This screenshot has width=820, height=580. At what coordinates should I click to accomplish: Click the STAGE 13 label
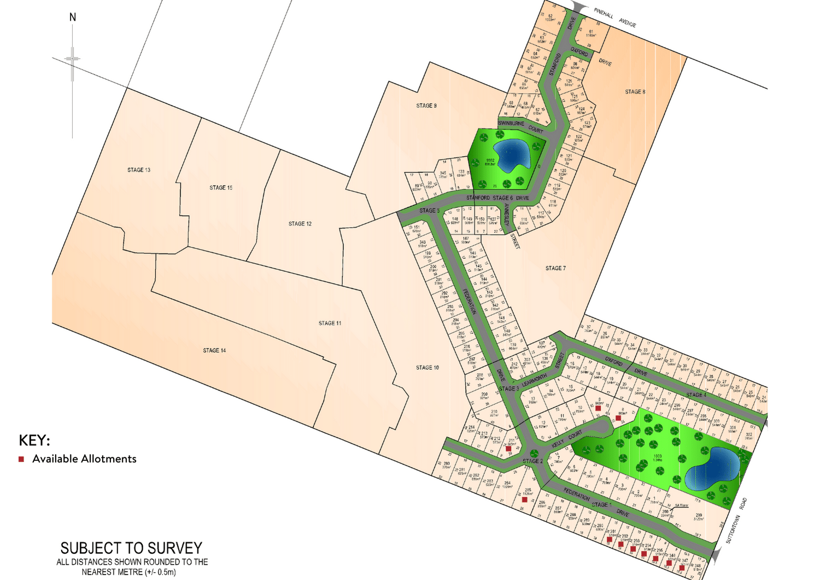(x=139, y=170)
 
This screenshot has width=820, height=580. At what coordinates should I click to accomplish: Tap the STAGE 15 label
(x=221, y=188)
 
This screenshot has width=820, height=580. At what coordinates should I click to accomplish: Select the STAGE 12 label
(x=300, y=224)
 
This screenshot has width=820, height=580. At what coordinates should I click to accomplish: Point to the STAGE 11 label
(x=330, y=323)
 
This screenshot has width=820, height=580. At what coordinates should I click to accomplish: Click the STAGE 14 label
(x=214, y=350)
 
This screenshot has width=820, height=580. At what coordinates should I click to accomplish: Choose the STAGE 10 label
(x=427, y=368)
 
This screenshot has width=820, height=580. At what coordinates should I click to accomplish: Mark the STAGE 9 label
(x=426, y=106)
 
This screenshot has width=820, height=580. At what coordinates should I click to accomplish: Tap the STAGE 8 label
(x=635, y=92)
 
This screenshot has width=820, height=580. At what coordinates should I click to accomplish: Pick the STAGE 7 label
(x=555, y=268)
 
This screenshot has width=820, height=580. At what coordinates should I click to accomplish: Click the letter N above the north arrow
(x=73, y=18)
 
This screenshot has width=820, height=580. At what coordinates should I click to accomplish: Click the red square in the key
(x=21, y=459)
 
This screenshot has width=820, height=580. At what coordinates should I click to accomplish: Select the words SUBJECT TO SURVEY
(x=131, y=548)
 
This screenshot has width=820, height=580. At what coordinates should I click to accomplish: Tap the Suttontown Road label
(x=736, y=520)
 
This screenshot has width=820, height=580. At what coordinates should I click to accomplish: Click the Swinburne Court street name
(x=520, y=126)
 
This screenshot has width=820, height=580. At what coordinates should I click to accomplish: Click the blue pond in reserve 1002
(x=512, y=154)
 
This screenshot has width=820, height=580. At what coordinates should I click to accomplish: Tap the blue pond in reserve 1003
(x=713, y=468)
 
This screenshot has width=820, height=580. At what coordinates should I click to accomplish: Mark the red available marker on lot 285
(x=525, y=500)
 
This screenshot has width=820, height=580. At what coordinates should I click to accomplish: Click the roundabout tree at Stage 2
(x=535, y=454)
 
